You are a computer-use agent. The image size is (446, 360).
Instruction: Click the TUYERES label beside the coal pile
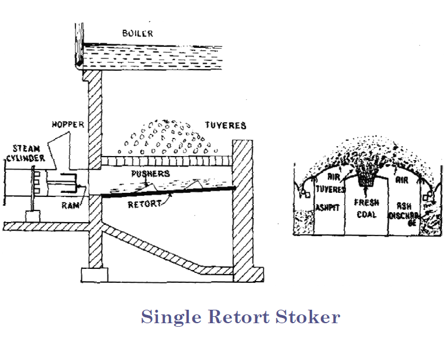click(x=225, y=125)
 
